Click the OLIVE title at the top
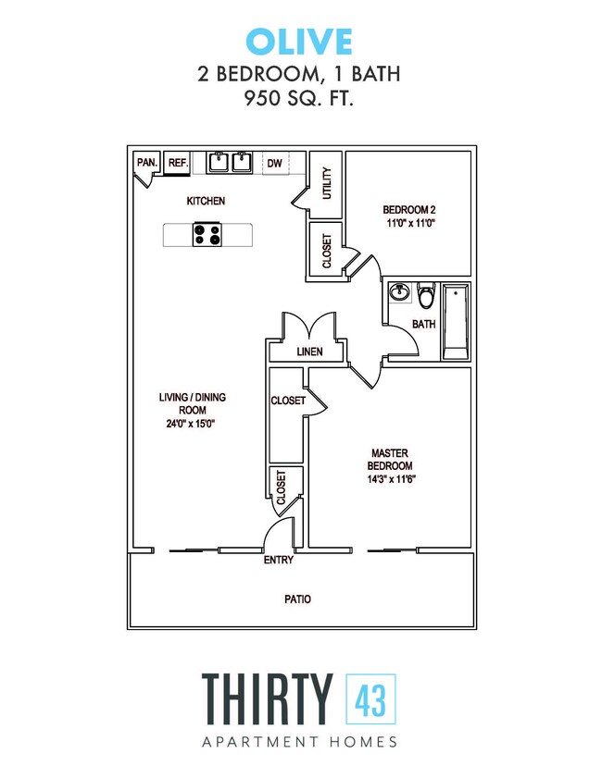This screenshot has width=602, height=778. (x=299, y=42)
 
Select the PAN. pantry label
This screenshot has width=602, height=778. (x=146, y=162)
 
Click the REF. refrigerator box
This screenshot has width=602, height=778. (x=178, y=163)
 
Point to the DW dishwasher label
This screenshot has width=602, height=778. (x=274, y=163)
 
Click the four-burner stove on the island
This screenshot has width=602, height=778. (x=207, y=235)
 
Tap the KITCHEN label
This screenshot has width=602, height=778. (x=206, y=201)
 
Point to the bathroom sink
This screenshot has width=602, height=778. (x=400, y=293)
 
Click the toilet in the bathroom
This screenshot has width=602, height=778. (x=426, y=297)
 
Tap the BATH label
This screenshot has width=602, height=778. (x=423, y=325)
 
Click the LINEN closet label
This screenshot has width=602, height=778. (x=309, y=352)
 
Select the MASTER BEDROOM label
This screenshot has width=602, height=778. (x=391, y=459)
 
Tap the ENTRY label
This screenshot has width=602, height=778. (x=279, y=560)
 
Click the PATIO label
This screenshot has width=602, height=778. (x=297, y=599)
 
